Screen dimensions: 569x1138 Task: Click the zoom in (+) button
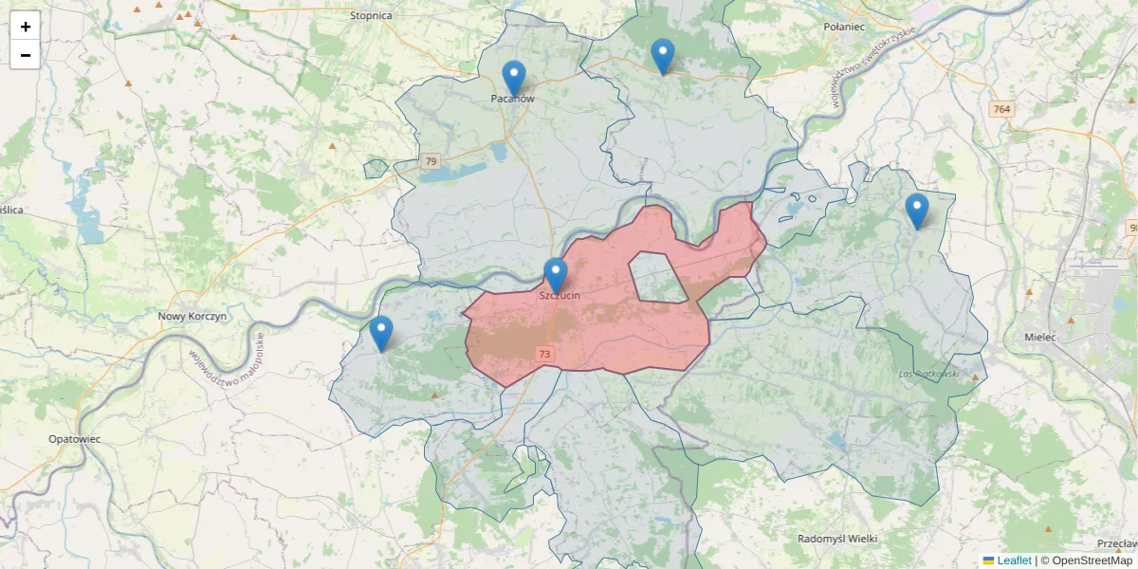pos(26,27)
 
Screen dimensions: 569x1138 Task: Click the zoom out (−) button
pos(26,55)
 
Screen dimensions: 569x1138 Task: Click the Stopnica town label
pos(371,15)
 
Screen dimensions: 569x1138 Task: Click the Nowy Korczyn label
pos(192,317)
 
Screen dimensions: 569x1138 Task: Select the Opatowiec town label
pos(74,439)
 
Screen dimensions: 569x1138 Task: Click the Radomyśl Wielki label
pos(837,539)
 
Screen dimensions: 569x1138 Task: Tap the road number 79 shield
pos(431,161)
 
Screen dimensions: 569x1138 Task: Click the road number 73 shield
pos(544,354)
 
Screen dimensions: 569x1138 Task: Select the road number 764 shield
pos(1000,109)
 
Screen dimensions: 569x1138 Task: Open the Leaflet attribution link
pos(1013,560)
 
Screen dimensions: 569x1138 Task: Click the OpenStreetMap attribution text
pos(1086,560)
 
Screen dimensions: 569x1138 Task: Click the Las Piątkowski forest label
pos(928,375)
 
